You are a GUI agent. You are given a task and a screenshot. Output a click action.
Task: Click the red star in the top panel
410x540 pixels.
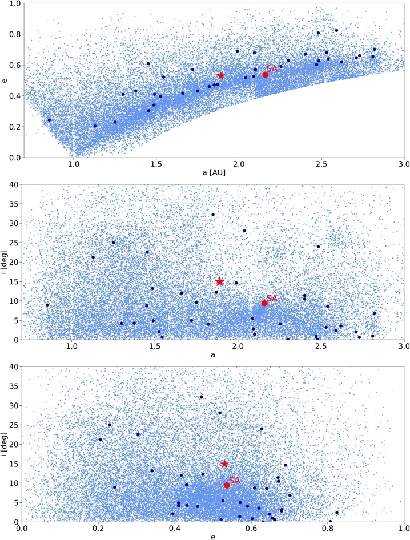click(x=220, y=75)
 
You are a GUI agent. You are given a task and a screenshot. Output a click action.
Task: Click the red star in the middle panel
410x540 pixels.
click(x=220, y=281)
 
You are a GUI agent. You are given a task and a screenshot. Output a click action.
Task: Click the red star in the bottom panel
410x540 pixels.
click(x=224, y=464)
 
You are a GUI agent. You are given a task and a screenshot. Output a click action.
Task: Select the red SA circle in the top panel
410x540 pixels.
click(x=266, y=75)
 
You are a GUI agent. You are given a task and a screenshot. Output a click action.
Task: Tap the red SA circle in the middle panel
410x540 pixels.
click(x=264, y=303)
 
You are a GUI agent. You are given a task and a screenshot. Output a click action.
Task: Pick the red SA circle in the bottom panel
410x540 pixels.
click(x=227, y=485)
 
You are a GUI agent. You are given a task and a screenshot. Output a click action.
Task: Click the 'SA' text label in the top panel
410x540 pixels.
click(x=272, y=68)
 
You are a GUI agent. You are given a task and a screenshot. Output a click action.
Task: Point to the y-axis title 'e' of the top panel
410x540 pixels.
click(x=5, y=80)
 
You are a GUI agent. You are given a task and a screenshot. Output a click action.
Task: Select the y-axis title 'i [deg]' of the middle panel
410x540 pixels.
click(x=5, y=262)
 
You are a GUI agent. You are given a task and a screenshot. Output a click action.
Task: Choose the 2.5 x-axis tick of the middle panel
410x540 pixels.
click(x=321, y=346)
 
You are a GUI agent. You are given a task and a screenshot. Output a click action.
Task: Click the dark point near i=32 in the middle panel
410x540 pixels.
click(x=213, y=215)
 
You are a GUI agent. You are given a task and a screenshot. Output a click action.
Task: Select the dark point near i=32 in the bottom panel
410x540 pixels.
click(x=201, y=397)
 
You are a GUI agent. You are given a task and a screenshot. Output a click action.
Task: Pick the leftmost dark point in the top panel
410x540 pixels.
click(x=49, y=120)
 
